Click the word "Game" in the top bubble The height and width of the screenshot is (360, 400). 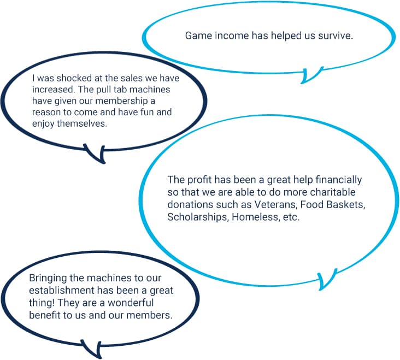tap(197, 36)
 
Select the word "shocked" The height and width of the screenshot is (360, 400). tap(57, 78)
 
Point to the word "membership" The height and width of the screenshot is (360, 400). tap(123, 101)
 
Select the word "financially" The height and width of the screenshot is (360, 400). tap(339, 180)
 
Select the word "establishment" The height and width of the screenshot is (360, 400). tap(58, 291)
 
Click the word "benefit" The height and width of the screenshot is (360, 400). tap(44, 315)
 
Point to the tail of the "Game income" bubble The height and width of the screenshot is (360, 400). tap(311, 75)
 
